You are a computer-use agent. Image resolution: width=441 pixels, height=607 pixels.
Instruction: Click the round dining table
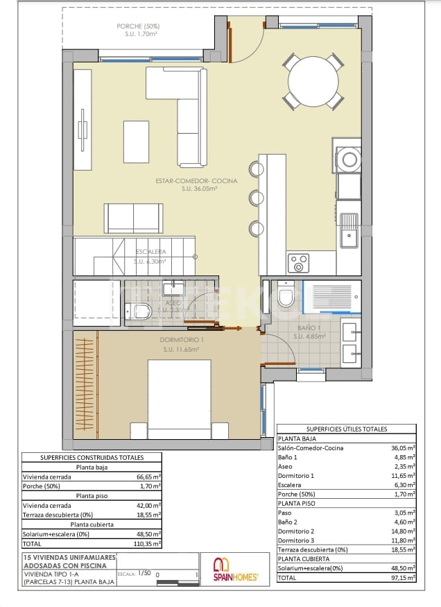click(315, 81)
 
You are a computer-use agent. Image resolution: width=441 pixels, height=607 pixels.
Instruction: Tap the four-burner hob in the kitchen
click(299, 264)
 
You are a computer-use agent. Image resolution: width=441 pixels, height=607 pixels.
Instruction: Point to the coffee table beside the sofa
click(136, 141)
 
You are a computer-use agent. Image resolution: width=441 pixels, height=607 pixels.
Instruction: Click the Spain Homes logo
click(234, 569)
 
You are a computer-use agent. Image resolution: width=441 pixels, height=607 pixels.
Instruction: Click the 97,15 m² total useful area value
click(402, 577)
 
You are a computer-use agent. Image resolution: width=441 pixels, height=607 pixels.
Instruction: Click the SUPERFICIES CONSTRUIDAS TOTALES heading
click(92, 457)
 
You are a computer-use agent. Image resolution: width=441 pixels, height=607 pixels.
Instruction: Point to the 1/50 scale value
click(144, 574)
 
